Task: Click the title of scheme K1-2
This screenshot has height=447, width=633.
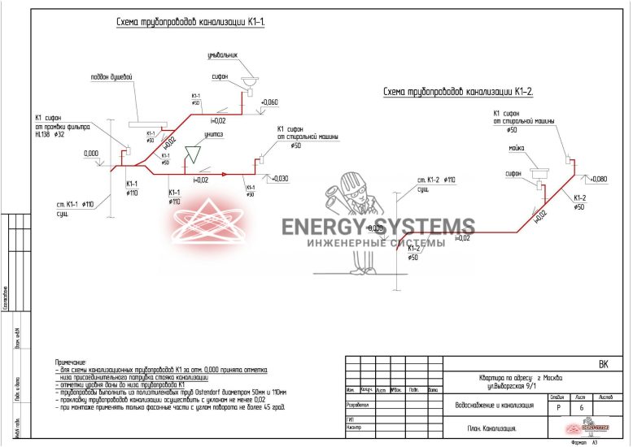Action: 458,92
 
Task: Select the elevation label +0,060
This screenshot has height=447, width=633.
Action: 269,102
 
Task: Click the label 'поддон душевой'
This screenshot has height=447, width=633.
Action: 111,77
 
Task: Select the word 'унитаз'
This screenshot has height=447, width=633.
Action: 215,134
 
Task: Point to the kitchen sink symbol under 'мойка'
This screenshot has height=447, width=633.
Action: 539,172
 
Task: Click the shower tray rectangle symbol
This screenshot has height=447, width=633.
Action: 146,124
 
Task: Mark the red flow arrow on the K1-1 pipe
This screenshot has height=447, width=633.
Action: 188,173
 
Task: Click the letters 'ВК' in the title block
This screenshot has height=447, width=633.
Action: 603,365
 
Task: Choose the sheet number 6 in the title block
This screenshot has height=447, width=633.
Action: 581,408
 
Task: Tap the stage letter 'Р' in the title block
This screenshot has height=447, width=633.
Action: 557,408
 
